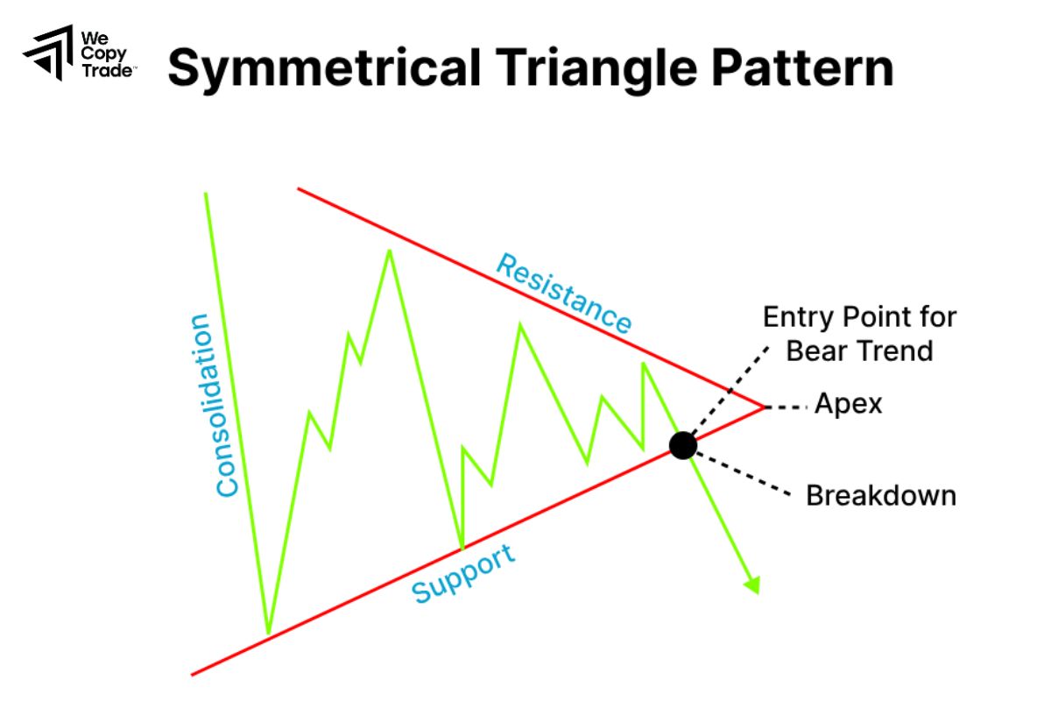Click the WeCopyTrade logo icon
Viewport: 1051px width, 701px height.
click(49, 53)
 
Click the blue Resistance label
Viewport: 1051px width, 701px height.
click(564, 293)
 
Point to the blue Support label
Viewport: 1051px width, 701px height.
click(463, 573)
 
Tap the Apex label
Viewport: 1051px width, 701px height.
click(848, 404)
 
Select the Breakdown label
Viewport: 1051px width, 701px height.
click(880, 495)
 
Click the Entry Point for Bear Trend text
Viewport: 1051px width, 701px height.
click(859, 334)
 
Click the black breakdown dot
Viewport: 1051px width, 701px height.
click(683, 445)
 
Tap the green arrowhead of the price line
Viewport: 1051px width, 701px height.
click(751, 584)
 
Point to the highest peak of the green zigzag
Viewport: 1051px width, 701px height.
click(389, 251)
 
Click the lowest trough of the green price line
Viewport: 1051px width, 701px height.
click(268, 631)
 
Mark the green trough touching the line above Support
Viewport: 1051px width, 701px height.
click(462, 548)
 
